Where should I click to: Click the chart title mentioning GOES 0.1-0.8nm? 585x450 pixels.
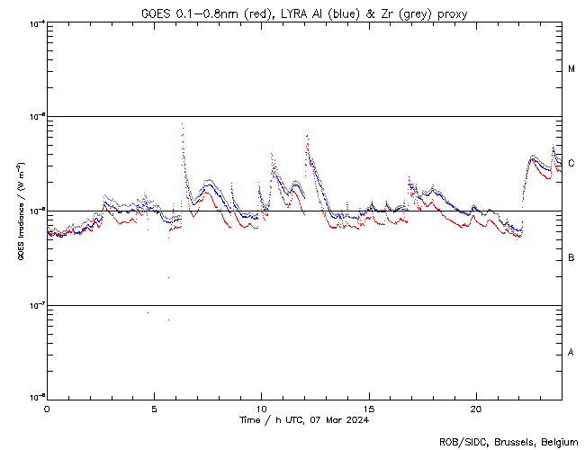[x=303, y=13]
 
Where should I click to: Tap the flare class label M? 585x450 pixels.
[x=571, y=69]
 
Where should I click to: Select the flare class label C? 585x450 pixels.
[x=571, y=164]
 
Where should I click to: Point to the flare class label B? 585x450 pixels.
[x=571, y=258]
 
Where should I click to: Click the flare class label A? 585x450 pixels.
[x=571, y=352]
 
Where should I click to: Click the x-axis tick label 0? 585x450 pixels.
[x=47, y=408]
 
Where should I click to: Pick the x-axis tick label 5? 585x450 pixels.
[x=154, y=408]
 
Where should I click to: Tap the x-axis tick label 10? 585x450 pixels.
[x=261, y=408]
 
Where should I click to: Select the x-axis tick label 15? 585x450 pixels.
[x=368, y=408]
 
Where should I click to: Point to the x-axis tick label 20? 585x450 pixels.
[x=475, y=408]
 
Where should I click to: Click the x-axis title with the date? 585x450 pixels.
[x=303, y=419]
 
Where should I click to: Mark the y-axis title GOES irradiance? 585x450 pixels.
[x=20, y=211]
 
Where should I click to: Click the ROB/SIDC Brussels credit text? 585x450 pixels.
[x=509, y=441]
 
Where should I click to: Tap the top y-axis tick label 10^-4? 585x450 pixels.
[x=36, y=23]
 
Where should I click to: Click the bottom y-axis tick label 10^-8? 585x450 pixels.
[x=36, y=397]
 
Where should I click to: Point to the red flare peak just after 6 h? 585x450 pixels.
[x=183, y=124]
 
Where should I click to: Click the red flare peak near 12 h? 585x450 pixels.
[x=307, y=136]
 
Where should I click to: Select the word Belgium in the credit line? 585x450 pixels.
[x=561, y=441]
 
